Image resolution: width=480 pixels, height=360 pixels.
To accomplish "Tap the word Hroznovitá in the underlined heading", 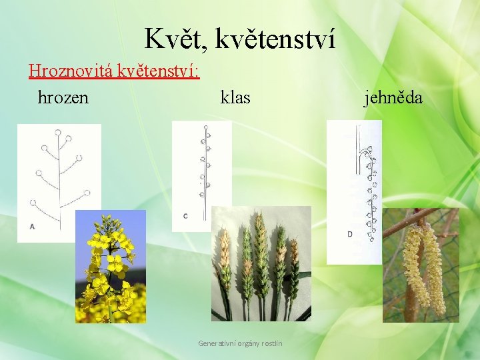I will pos(71,70).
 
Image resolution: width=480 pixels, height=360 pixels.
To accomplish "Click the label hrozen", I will pos(63,98).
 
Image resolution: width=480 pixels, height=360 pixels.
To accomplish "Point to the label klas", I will pos(235,98).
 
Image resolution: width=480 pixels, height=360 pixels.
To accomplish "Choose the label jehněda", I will pos(393,98).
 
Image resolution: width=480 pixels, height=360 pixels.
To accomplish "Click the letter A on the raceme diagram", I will pos(32,227).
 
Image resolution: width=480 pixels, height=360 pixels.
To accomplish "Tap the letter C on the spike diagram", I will pos(185,215).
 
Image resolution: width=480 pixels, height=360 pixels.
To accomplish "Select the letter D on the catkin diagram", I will pos(350,234).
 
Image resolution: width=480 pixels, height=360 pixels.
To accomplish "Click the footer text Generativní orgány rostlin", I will pos(240,343).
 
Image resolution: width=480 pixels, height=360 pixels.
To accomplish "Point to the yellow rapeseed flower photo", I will pos(110,267).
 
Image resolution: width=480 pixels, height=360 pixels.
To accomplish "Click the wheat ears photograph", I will pos(261,263).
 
